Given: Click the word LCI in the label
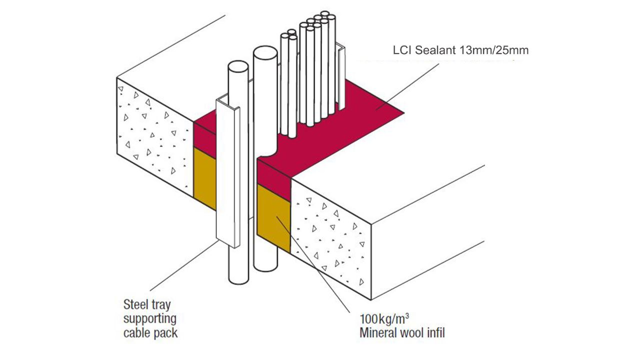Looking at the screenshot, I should [x=402, y=50].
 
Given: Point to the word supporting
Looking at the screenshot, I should [x=149, y=318].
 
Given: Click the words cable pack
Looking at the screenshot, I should [x=150, y=333].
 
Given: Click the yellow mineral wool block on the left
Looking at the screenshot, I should [x=204, y=177].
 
